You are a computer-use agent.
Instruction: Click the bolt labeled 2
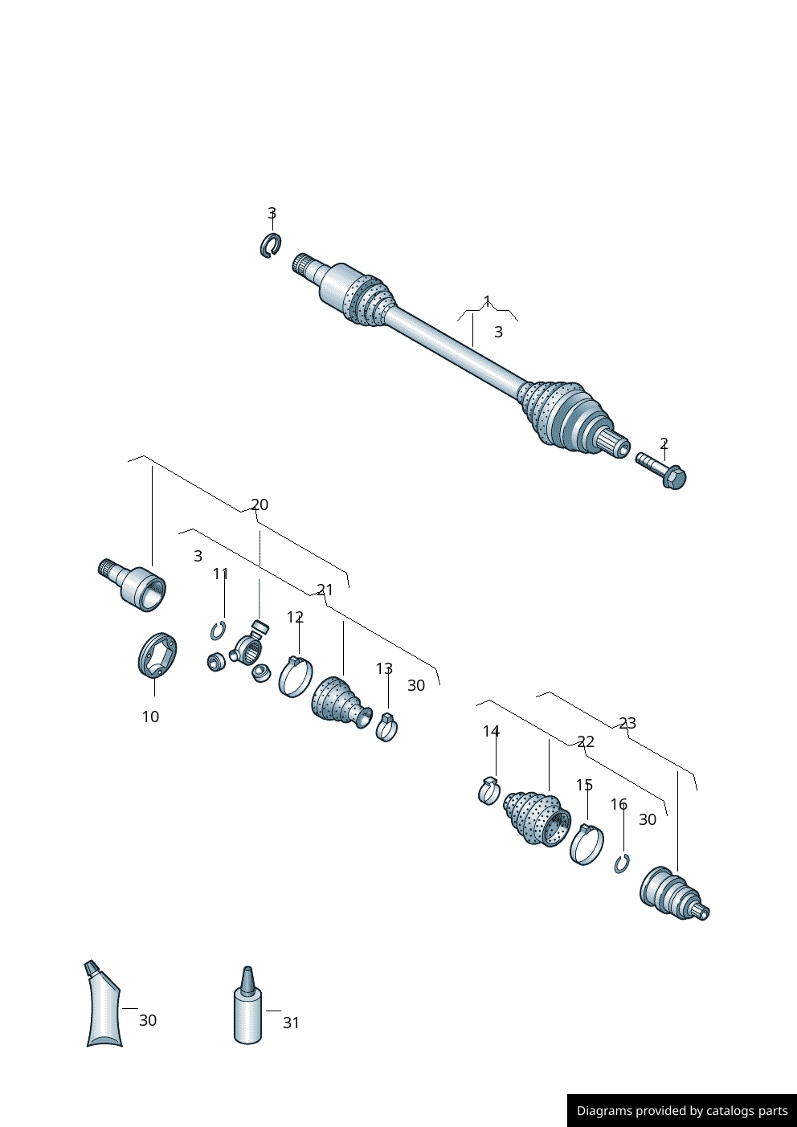pyautogui.click(x=662, y=471)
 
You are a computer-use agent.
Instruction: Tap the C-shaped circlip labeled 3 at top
pyautogui.click(x=270, y=246)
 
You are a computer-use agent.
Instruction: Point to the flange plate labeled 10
pyautogui.click(x=157, y=655)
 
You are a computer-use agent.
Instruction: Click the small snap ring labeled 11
pyautogui.click(x=218, y=631)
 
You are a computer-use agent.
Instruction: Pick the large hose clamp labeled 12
pyautogui.click(x=295, y=676)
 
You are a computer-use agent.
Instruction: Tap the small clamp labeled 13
pyautogui.click(x=386, y=727)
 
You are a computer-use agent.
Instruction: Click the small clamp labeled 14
pyautogui.click(x=488, y=791)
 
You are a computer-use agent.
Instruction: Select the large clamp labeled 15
pyautogui.click(x=587, y=844)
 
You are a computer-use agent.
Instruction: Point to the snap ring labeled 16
pyautogui.click(x=621, y=864)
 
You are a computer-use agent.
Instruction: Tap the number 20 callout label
pyautogui.click(x=260, y=504)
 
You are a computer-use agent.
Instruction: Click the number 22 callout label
pyautogui.click(x=586, y=741)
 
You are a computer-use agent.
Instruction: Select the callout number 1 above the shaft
pyautogui.click(x=487, y=301)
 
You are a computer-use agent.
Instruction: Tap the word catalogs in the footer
pyautogui.click(x=730, y=1111)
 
